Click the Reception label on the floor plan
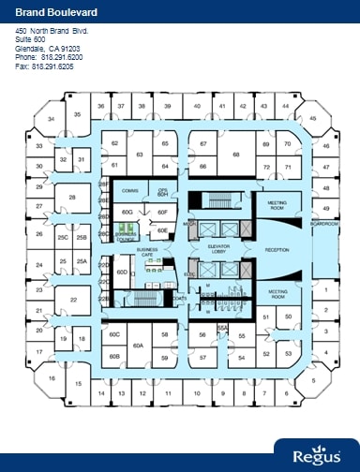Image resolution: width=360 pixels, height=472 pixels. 277,250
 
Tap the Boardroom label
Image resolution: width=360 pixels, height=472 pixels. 324,224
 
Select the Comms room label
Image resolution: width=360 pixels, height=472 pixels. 130,190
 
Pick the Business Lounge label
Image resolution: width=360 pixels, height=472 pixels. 125,238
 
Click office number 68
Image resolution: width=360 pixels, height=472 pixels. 237,155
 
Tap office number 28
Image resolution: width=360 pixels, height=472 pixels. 72,198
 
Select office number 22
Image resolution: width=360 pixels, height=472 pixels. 73,300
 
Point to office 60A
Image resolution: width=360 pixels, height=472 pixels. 137,345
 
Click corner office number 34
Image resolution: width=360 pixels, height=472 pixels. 52,119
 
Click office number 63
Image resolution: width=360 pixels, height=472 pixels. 139,155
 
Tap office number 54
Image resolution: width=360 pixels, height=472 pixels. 241,358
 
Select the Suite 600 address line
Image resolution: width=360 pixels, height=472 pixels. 30,39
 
